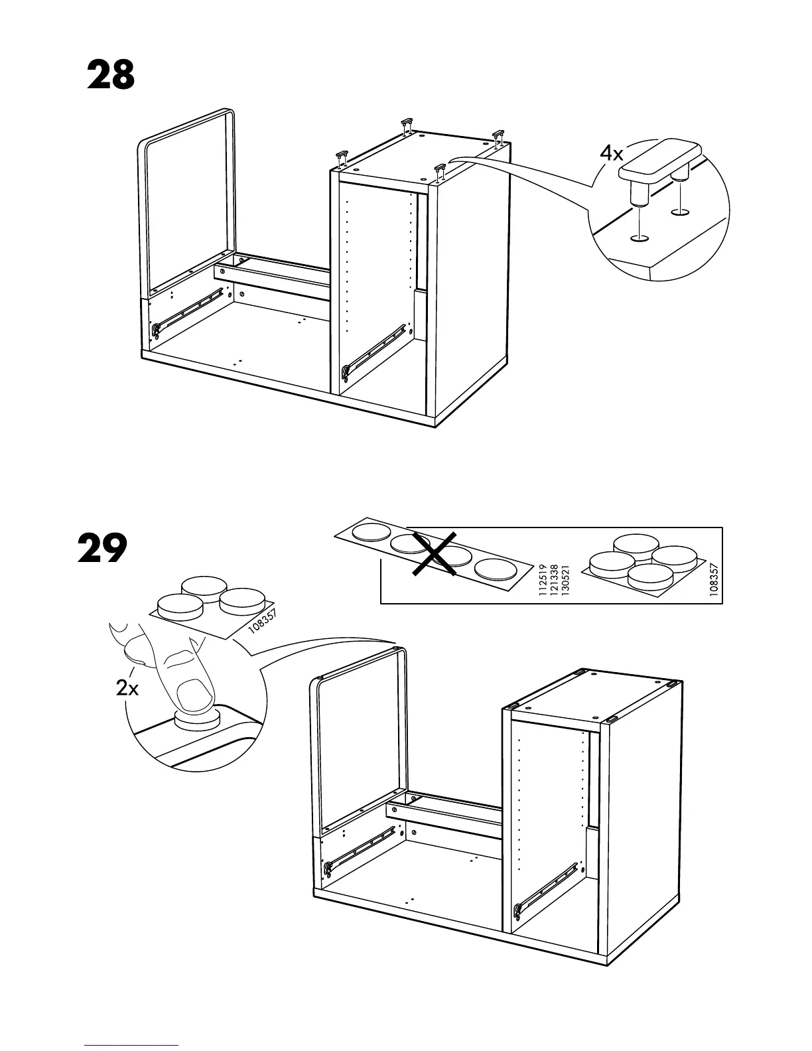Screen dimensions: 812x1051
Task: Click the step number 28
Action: coord(111,76)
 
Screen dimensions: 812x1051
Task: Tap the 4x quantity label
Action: coord(612,154)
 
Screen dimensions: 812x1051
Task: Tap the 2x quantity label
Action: coord(127,689)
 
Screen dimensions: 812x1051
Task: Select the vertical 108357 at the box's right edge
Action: coord(713,581)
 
